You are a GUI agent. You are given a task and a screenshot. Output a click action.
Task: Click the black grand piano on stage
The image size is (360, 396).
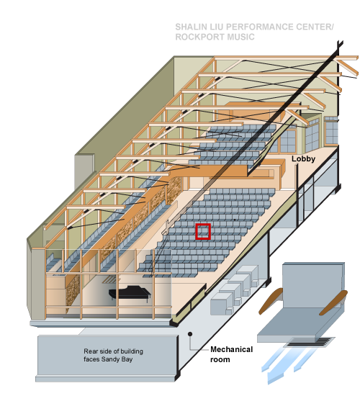pos(130,293)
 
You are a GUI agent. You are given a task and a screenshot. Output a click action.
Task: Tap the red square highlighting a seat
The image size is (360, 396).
pos(203,231)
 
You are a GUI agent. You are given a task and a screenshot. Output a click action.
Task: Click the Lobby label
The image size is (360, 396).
pos(303,159)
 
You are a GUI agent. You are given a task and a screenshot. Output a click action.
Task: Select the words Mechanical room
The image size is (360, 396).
pos(231,354)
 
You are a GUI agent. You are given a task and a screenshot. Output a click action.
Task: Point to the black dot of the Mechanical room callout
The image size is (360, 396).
pos(190,334)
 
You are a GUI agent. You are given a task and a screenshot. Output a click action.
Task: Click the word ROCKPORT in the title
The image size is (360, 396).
pos(199,37)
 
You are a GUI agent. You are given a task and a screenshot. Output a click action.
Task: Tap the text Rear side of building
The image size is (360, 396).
pos(114,351)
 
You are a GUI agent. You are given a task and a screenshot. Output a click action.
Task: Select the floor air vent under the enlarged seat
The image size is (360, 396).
pos(309,342)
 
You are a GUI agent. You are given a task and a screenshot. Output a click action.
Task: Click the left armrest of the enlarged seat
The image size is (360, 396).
pos(271,300)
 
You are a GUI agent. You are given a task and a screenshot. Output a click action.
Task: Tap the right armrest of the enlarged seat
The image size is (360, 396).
pos(333,302)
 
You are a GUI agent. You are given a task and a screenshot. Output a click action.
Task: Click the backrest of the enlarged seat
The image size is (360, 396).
pos(313,285)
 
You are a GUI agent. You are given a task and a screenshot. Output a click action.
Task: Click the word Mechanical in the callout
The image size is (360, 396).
pos(231,349)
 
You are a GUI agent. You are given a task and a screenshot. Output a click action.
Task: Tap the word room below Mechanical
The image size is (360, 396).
pos(220,359)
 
